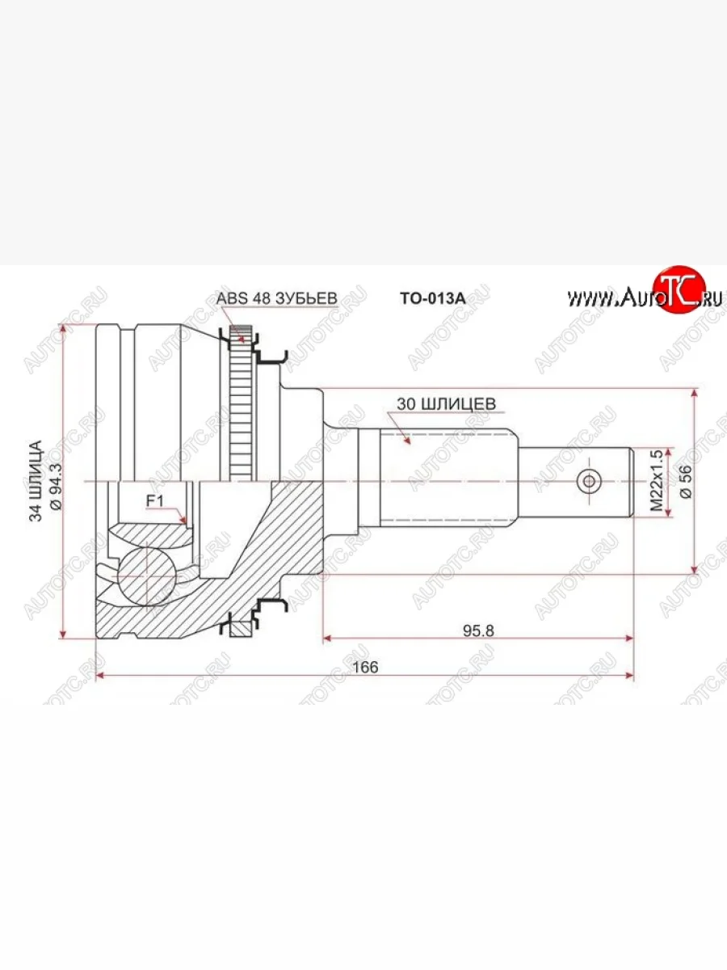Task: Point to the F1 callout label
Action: tap(153, 502)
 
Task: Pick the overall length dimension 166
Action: tap(365, 668)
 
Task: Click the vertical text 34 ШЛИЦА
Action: tap(36, 482)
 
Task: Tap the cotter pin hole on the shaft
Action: tap(589, 482)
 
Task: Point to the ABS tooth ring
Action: tap(239, 404)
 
